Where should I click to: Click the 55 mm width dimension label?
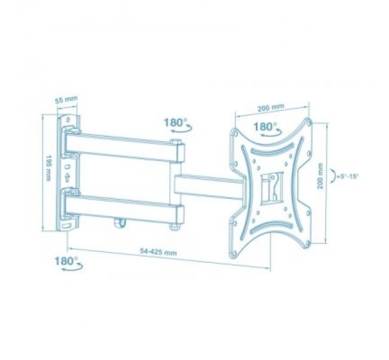click(x=66, y=101)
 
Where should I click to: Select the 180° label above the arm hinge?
click(x=175, y=122)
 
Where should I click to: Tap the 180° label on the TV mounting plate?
click(x=264, y=126)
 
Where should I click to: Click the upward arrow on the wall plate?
click(x=69, y=178)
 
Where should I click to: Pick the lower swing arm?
click(x=123, y=206)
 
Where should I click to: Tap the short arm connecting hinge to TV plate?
click(x=209, y=185)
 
